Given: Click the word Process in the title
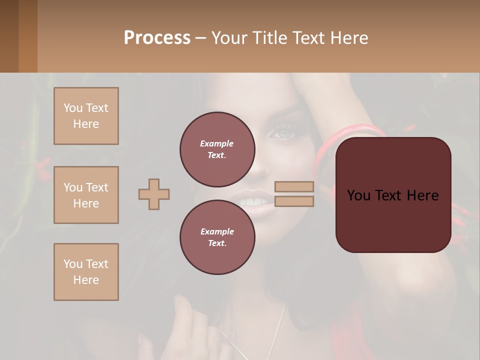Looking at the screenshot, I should (x=157, y=38).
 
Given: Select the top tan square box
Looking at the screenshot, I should (x=86, y=116).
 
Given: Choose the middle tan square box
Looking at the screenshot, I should (x=86, y=195).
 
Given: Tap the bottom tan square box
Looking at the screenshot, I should (x=86, y=272).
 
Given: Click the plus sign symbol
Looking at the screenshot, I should (x=154, y=194).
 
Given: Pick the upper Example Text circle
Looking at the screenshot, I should (x=217, y=149).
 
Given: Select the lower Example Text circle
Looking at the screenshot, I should (x=217, y=237).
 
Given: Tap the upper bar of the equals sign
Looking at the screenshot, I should (x=294, y=187).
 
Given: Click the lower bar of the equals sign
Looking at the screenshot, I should (x=294, y=201).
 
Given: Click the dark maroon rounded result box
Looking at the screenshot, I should (x=393, y=225).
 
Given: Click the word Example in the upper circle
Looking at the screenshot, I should (x=217, y=143).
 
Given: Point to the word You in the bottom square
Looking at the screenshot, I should (x=73, y=264).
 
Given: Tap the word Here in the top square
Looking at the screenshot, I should (x=86, y=124).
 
